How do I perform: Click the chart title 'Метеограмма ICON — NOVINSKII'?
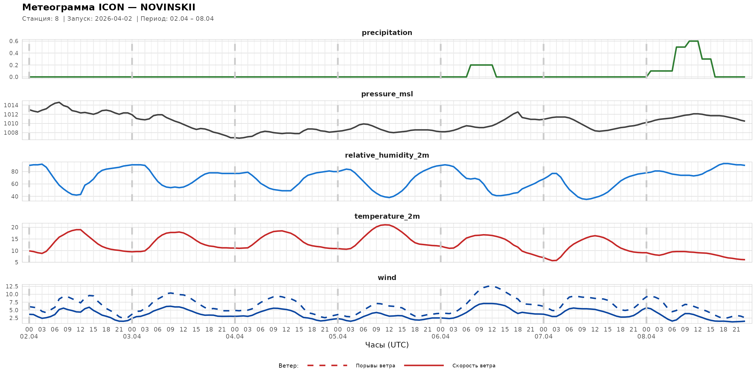point(109,7)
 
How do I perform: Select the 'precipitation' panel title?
point(386,32)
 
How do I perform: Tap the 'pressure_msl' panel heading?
point(386,94)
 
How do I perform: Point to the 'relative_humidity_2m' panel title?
point(386,155)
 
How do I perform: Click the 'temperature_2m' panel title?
point(387,216)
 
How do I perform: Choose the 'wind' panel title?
point(386,278)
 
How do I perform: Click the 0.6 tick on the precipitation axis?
point(14,41)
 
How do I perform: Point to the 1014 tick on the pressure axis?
point(11,105)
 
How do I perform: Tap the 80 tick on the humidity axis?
point(15,172)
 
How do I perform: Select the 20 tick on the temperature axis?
point(15,227)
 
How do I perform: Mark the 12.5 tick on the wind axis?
point(12,286)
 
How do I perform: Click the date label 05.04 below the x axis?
point(337,337)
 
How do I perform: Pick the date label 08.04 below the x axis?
point(646,337)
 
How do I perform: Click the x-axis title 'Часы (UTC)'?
point(386,345)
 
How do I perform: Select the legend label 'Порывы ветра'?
point(375,366)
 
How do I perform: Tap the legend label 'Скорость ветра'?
point(473,366)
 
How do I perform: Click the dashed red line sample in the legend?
point(327,365)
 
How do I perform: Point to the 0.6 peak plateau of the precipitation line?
point(693,41)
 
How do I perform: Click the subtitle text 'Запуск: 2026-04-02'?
point(100,19)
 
